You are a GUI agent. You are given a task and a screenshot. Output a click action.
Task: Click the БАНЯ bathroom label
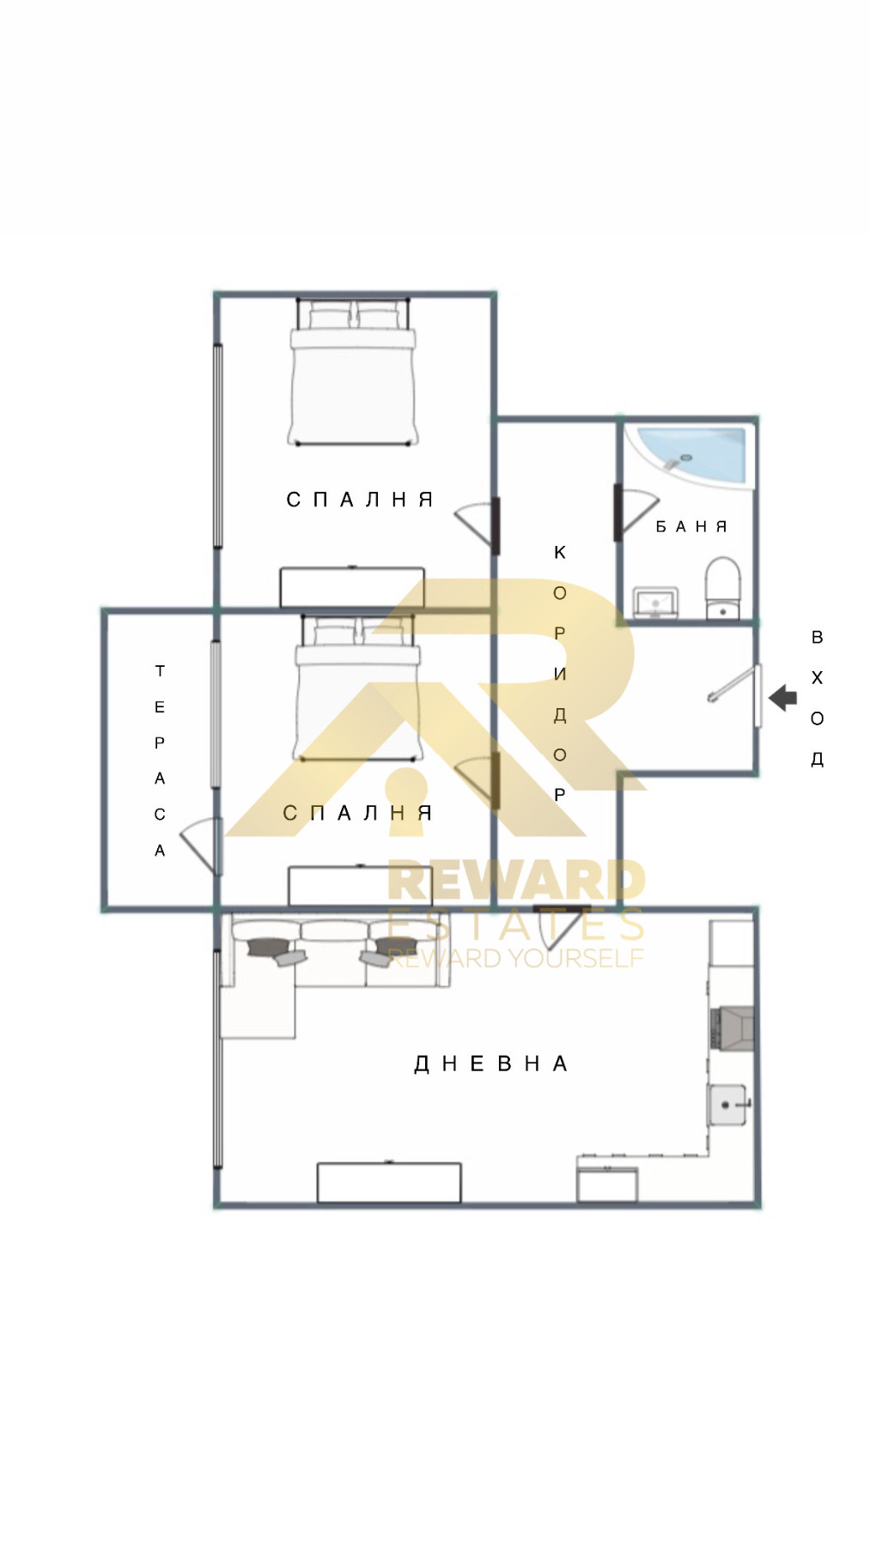click(x=691, y=526)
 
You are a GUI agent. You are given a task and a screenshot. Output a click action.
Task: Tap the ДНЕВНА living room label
click(x=491, y=1064)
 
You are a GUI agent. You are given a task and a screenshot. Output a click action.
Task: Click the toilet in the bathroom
click(x=723, y=588)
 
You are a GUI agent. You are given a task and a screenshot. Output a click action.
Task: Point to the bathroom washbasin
click(x=656, y=603)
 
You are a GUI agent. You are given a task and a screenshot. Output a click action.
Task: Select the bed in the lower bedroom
click(x=357, y=688)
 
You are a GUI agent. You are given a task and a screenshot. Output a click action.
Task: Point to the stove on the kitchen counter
click(x=732, y=1027)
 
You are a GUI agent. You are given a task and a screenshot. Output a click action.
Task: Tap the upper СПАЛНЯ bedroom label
click(x=360, y=500)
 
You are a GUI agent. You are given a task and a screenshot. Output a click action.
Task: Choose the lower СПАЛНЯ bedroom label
click(x=357, y=813)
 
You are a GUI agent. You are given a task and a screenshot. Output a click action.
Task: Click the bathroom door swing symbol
click(x=636, y=512)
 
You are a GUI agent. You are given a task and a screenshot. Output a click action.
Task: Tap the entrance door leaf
click(x=758, y=695)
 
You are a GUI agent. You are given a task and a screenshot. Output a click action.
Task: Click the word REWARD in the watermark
click(x=516, y=882)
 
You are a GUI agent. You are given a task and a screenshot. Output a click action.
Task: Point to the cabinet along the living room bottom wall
click(x=389, y=1183)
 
